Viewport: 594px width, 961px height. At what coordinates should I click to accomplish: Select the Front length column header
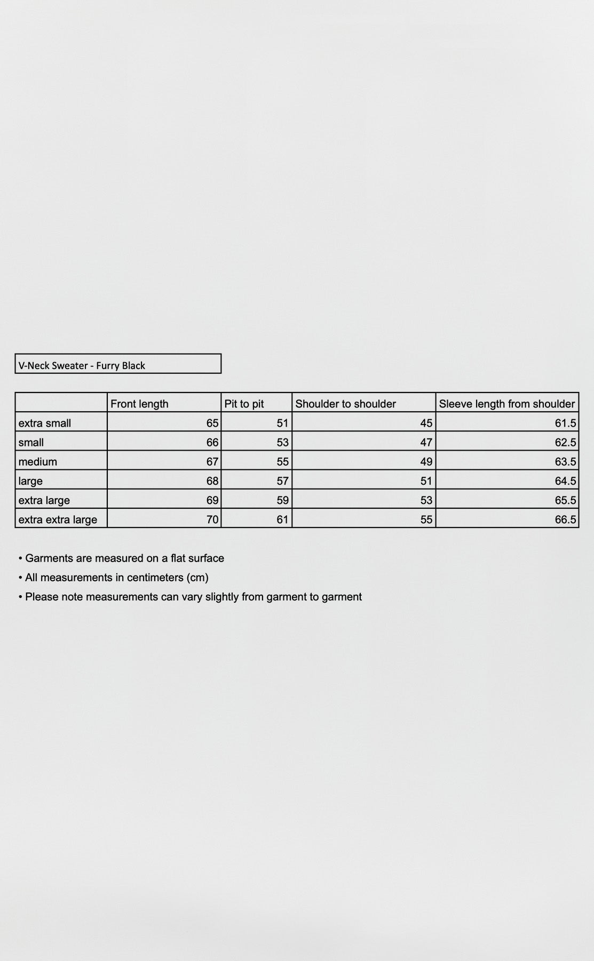139,404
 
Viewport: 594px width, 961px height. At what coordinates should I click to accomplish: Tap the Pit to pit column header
244,404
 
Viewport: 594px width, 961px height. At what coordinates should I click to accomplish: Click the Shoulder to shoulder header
345,404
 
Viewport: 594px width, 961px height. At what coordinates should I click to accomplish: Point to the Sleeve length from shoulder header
506,404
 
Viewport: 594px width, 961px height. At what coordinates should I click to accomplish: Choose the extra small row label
45,423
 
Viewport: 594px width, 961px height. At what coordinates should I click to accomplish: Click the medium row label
37,461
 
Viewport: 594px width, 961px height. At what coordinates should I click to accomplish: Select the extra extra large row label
58,519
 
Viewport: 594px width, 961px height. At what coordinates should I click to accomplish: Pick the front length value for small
212,442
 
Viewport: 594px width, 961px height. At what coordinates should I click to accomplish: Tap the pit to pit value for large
282,481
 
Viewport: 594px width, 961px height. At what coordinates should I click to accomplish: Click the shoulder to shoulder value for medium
426,461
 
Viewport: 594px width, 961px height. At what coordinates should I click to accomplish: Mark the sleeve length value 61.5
565,423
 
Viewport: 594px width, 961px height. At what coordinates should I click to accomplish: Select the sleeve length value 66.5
565,519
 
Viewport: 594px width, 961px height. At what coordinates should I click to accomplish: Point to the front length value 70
212,519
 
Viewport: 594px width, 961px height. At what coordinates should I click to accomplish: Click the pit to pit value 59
282,500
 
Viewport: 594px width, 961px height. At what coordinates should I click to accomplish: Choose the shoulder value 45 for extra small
426,423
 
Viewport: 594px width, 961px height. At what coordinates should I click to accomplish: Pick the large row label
30,481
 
